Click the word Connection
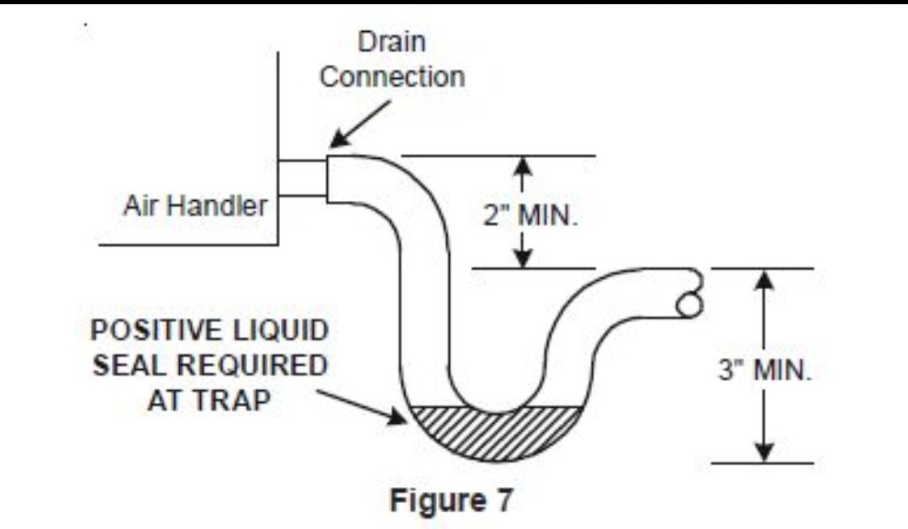click(x=392, y=77)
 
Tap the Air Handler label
click(x=194, y=206)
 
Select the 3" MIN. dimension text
click(x=765, y=371)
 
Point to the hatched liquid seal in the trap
click(x=496, y=431)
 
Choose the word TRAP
click(x=241, y=399)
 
